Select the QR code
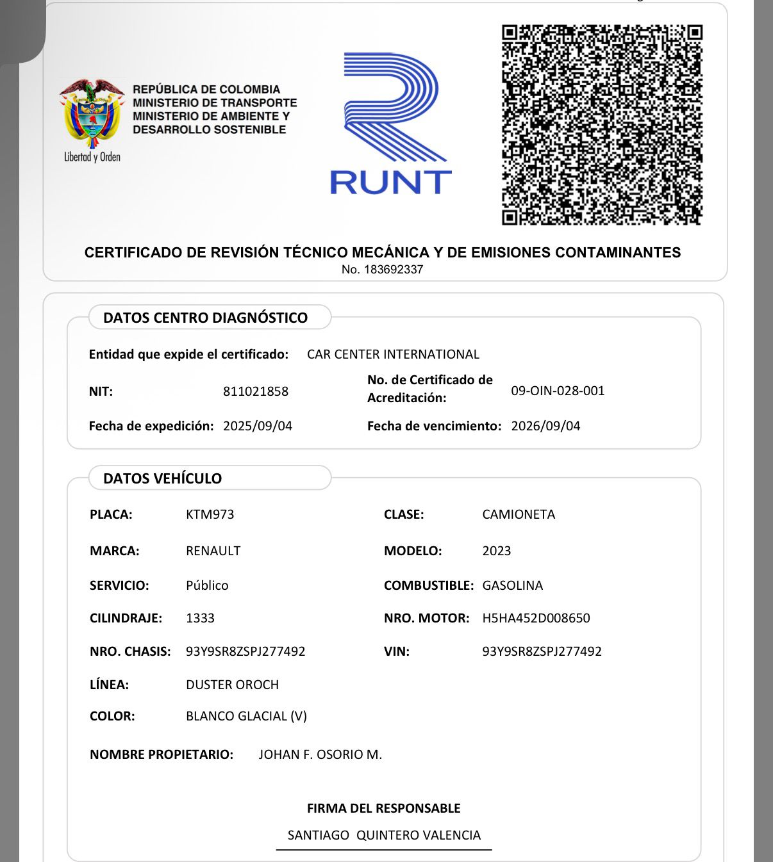[x=602, y=124]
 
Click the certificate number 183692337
[x=393, y=270]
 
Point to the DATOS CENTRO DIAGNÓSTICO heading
[x=205, y=318]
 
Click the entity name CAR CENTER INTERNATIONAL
[x=393, y=354]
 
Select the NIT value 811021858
[x=256, y=391]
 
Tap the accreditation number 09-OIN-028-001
[x=558, y=391]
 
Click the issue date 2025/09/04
[x=258, y=426]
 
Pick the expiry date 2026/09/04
[x=545, y=426]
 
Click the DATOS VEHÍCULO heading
[x=162, y=478]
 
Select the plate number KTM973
[x=210, y=514]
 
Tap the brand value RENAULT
[x=213, y=551]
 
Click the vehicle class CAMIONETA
[x=519, y=514]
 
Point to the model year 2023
[x=497, y=551]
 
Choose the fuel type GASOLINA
[x=512, y=585]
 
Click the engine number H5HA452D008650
[x=536, y=618]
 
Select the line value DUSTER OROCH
[x=232, y=685]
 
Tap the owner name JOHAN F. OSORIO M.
[x=320, y=754]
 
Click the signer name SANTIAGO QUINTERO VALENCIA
[x=384, y=835]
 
